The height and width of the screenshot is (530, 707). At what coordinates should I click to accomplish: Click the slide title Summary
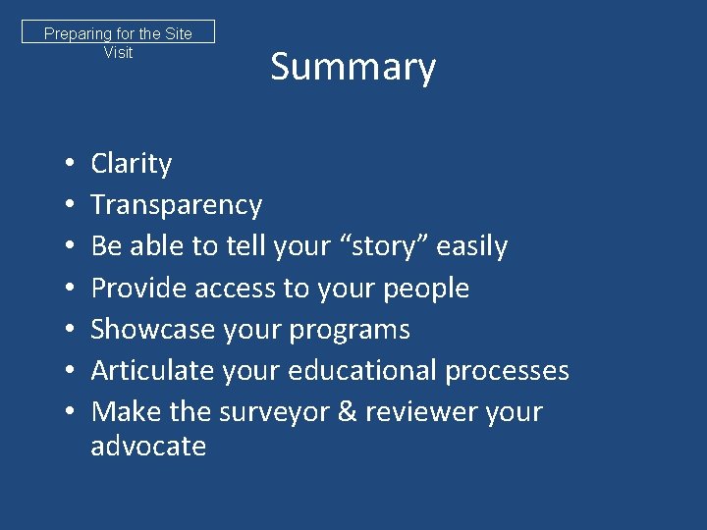coord(353,68)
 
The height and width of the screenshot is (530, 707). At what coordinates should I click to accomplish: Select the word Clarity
coord(131,164)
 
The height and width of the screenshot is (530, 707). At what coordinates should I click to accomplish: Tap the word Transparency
coord(176,205)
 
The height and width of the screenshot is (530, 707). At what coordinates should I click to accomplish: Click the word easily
coord(470,246)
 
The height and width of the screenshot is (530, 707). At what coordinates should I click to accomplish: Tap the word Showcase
coord(152,329)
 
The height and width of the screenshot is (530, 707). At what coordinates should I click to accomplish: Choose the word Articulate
coord(153,370)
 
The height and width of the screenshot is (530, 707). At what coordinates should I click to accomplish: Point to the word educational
coord(353,370)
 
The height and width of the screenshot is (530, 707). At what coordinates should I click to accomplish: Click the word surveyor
coord(278,411)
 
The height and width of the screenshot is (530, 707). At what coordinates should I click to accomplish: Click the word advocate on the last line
coord(148,447)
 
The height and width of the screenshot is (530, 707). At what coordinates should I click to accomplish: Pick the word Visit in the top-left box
coord(118,52)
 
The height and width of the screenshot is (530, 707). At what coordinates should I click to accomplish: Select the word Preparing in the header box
coord(77,34)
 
